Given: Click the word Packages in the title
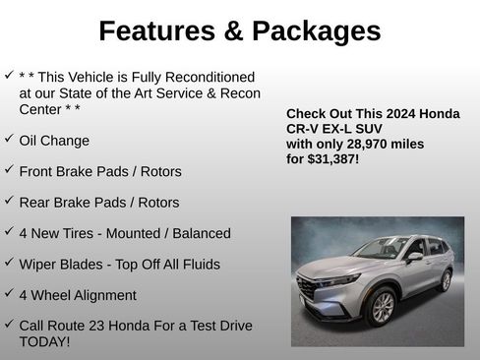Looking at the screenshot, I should click(x=316, y=31).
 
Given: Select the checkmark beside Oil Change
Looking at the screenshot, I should click(x=9, y=138).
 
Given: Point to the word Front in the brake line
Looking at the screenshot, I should click(x=37, y=171).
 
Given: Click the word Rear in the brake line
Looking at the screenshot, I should click(x=35, y=203).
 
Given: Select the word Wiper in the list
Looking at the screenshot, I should click(x=39, y=265).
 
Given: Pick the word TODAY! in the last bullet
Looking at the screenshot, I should click(x=44, y=341).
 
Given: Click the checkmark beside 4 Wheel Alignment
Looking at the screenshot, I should click(x=9, y=292).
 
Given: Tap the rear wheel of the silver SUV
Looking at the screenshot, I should click(x=446, y=281).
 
